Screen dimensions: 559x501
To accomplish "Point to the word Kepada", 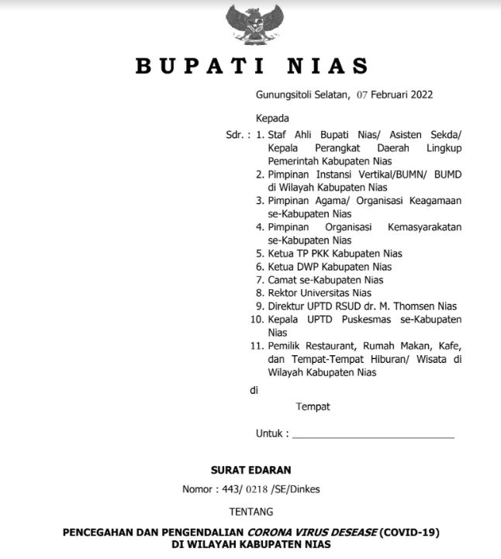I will click(x=272, y=119).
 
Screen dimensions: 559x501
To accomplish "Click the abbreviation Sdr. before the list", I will click(x=236, y=134).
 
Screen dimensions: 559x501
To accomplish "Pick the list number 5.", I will click(x=260, y=254).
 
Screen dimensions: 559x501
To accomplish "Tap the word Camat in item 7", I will click(x=283, y=280).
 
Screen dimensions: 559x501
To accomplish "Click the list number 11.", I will click(x=257, y=346).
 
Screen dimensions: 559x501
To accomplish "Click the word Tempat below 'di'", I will click(x=313, y=406).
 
